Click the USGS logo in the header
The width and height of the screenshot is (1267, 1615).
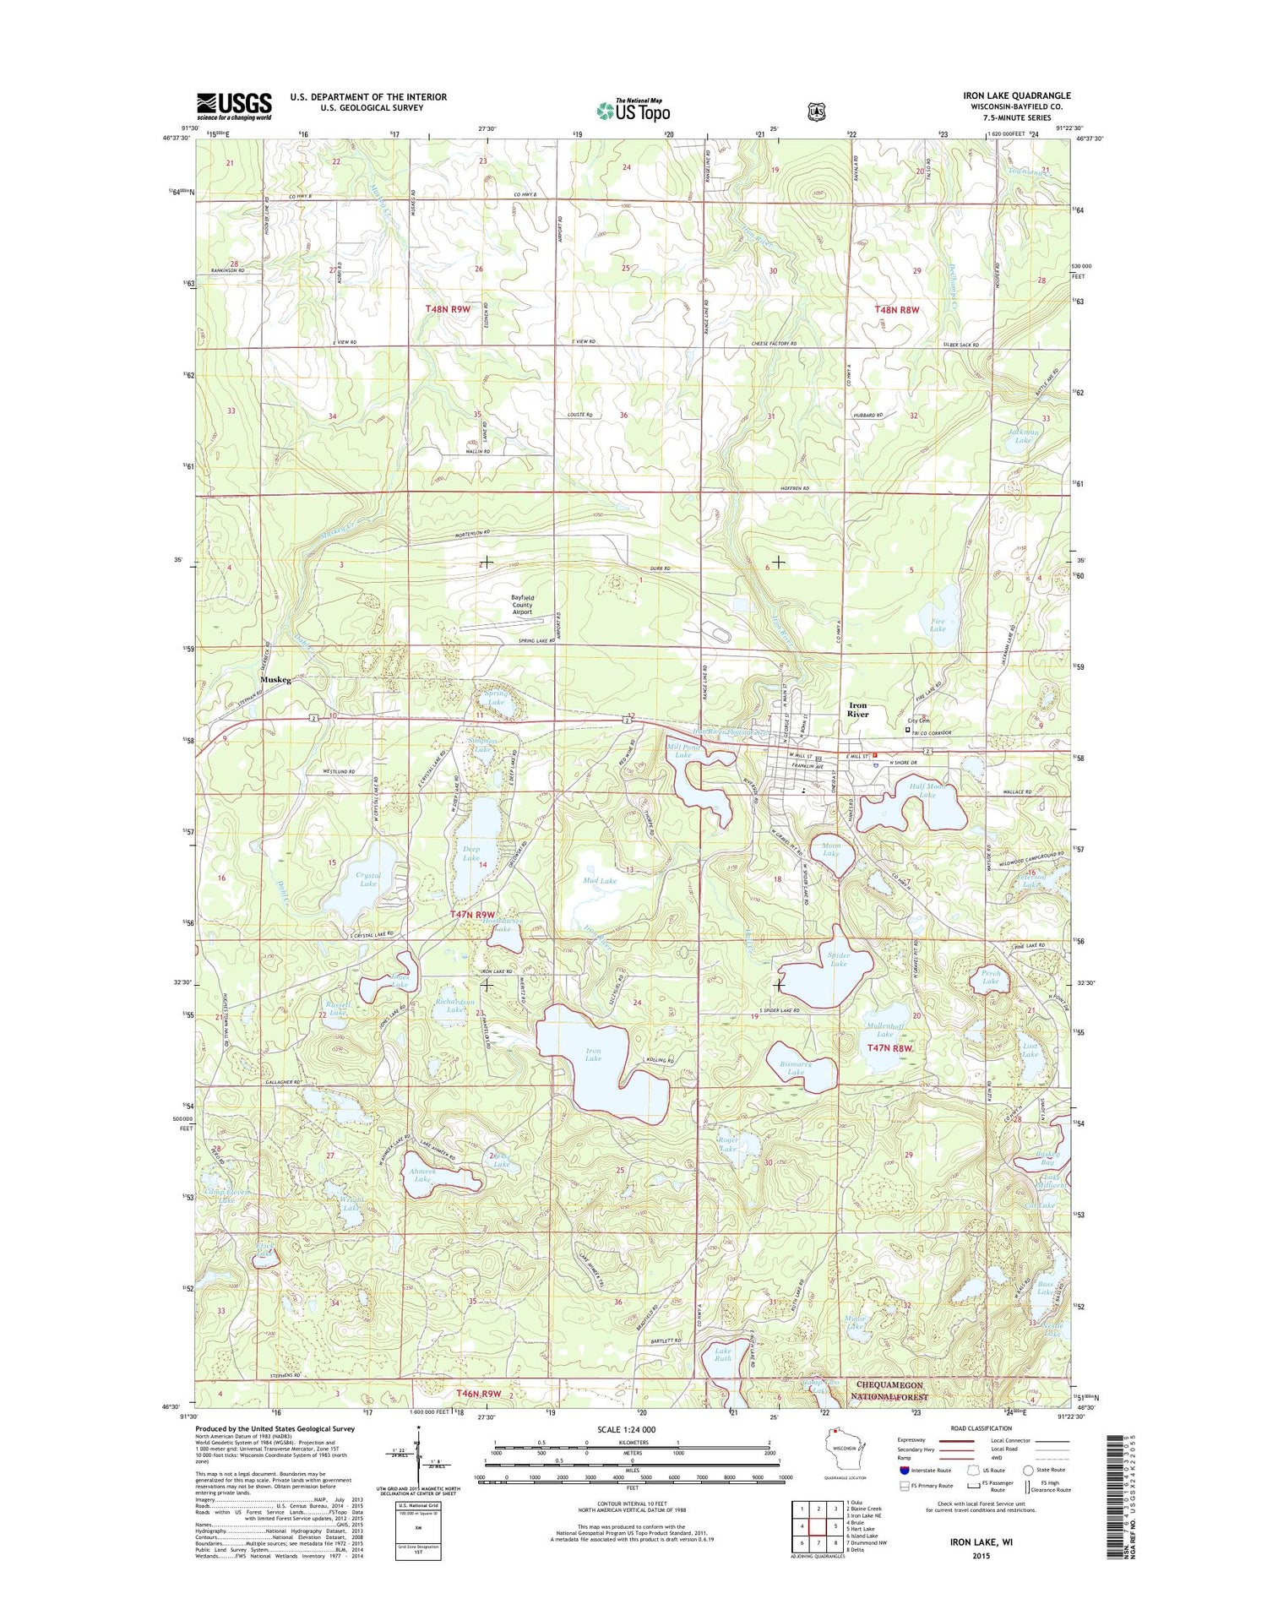coord(234,106)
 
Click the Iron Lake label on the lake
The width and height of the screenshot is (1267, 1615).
coord(593,1054)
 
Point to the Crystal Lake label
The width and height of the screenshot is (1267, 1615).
coord(368,879)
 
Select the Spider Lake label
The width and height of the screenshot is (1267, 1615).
coord(838,959)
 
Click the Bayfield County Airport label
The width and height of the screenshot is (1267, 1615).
coord(522,605)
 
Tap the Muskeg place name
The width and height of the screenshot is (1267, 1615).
coord(275,680)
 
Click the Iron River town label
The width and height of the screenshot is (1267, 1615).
coord(857,710)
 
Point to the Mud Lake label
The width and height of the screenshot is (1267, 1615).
coord(600,880)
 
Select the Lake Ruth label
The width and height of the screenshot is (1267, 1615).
coord(723,1354)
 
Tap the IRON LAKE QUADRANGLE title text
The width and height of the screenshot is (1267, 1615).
coord(1016,95)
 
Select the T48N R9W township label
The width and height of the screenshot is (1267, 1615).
coord(448,309)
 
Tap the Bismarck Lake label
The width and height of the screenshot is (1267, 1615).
coord(796,1069)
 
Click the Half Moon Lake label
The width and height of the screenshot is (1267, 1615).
coord(927,791)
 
